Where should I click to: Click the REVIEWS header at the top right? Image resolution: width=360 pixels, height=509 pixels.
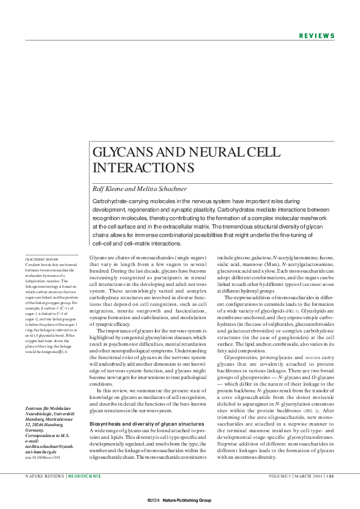[x=316, y=36]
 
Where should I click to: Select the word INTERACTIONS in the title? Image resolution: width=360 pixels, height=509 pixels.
[x=143, y=167]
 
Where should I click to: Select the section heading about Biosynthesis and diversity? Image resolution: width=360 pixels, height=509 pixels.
[x=146, y=406]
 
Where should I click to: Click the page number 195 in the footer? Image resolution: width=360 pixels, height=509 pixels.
[x=330, y=476]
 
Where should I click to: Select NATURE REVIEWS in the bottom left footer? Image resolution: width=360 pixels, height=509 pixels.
[x=44, y=476]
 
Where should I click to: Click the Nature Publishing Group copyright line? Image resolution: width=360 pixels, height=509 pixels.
[x=179, y=501]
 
